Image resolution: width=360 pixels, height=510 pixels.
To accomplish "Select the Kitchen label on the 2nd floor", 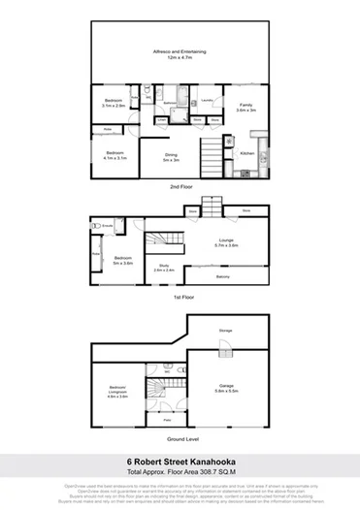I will [246, 153].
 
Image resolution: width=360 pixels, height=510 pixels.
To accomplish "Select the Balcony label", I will [223, 276].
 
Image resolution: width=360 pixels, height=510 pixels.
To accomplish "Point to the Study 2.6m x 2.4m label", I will [164, 271].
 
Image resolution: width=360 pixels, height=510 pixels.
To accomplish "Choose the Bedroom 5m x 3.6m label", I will [122, 259].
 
